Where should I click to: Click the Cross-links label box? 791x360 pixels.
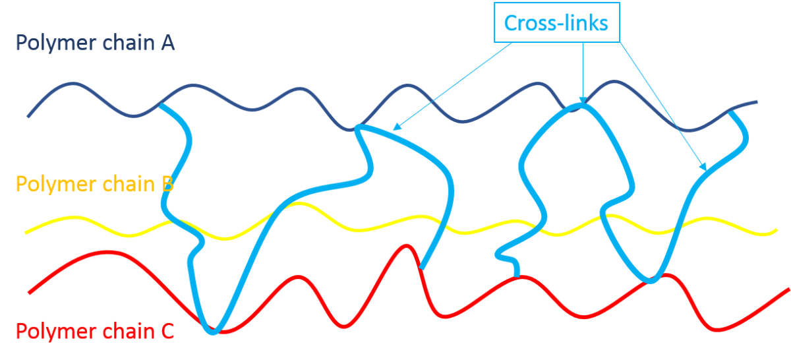[x=557, y=22]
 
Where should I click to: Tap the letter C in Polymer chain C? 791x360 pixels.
[x=167, y=332]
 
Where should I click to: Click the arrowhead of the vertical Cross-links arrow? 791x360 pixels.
[x=583, y=100]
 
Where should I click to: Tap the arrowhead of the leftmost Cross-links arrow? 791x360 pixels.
[x=397, y=127]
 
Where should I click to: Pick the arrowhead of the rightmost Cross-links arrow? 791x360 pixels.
[x=703, y=167]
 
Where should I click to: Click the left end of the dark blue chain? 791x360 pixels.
[x=28, y=117]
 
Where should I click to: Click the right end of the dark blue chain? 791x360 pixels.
[x=757, y=102]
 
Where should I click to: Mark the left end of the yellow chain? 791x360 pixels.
[x=26, y=233]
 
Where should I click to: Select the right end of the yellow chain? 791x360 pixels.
[x=776, y=231]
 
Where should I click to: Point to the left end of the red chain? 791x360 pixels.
[x=29, y=293]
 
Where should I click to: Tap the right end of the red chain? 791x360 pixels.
[x=789, y=289]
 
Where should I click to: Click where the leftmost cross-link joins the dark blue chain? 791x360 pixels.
[x=161, y=105]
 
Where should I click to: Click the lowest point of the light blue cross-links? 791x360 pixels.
[x=213, y=332]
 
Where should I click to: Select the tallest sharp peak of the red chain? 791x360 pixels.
[x=407, y=246]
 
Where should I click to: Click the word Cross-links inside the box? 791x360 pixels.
[x=556, y=23]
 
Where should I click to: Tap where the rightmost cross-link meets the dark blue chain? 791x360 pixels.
[x=731, y=112]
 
